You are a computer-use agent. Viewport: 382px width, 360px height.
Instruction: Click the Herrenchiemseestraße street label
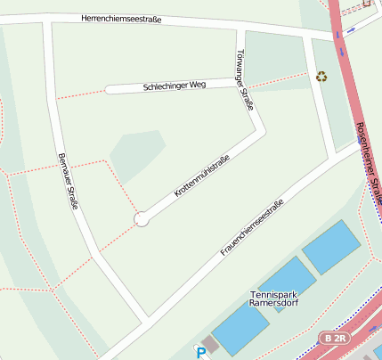tap(121, 19)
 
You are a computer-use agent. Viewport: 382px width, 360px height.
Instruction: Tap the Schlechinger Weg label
tap(174, 86)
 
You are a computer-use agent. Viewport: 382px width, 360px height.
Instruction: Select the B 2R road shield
tap(334, 339)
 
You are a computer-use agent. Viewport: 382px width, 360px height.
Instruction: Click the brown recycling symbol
tap(321, 77)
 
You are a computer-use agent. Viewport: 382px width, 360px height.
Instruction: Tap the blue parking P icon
tap(200, 352)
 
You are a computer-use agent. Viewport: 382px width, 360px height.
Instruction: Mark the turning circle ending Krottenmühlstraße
tap(141, 218)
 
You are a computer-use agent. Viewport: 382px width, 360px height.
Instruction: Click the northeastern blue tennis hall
tap(331, 247)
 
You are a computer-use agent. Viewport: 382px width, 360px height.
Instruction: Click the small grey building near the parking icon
tap(210, 344)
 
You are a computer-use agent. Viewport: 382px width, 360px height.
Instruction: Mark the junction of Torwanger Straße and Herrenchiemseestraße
tap(239, 29)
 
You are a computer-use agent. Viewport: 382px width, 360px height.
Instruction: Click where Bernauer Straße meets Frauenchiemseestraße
tap(144, 319)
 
